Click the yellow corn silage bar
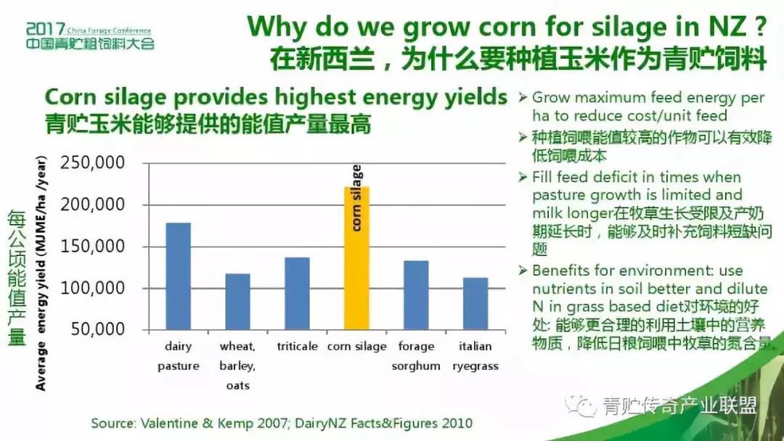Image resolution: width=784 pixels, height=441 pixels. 356,258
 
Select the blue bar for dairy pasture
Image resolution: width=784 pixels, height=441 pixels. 179,276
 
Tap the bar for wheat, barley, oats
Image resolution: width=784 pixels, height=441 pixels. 238,302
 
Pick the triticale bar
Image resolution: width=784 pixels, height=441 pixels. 298,294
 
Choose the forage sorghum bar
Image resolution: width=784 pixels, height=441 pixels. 416,295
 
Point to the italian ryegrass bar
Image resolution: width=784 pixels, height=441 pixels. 475,304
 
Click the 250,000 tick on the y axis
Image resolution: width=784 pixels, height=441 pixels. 93,162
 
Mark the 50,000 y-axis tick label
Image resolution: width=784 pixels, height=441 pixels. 98,329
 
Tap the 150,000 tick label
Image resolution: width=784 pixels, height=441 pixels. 93,246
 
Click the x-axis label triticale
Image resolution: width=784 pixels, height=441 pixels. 298,346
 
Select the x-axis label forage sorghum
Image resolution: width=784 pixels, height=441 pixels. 416,356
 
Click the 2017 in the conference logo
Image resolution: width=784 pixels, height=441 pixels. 46,29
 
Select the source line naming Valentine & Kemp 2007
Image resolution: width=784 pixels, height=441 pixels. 282,424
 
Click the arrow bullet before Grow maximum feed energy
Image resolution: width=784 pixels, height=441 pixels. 523,97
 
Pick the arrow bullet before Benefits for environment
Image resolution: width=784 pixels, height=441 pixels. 523,271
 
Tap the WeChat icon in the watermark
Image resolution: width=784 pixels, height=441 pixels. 581,406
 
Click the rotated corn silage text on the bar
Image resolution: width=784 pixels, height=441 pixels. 356,198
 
